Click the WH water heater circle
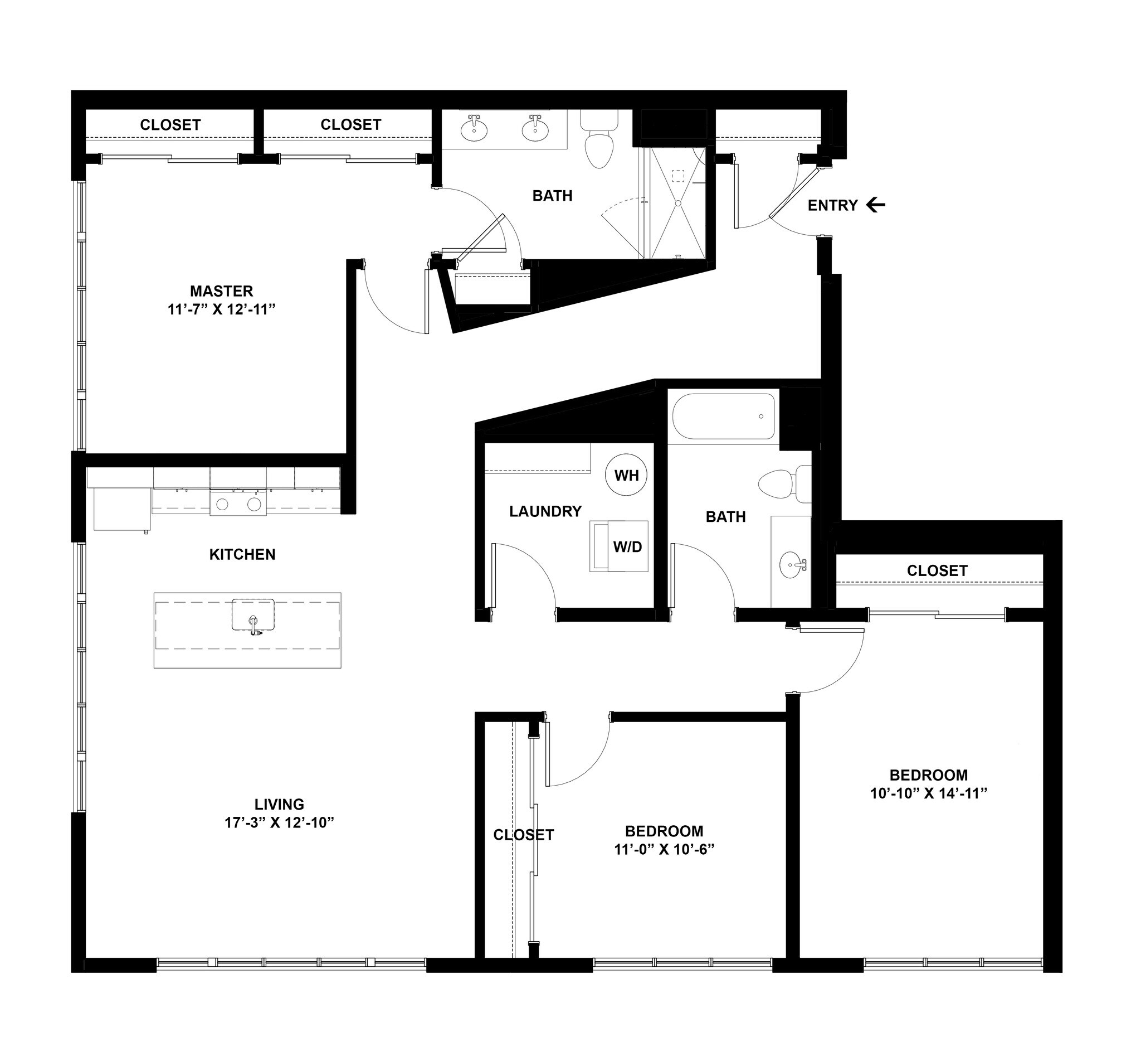(x=627, y=475)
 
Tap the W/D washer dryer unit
(x=619, y=546)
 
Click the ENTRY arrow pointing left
(x=876, y=205)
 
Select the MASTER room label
(x=221, y=291)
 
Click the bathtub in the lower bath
(x=723, y=417)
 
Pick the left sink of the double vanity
(x=473, y=130)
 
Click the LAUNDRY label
(x=545, y=511)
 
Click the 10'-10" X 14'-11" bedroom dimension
(x=928, y=793)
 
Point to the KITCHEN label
(x=242, y=554)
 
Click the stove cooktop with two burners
(x=238, y=503)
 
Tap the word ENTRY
(x=832, y=206)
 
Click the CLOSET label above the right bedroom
(x=937, y=571)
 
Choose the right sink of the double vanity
(x=534, y=130)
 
